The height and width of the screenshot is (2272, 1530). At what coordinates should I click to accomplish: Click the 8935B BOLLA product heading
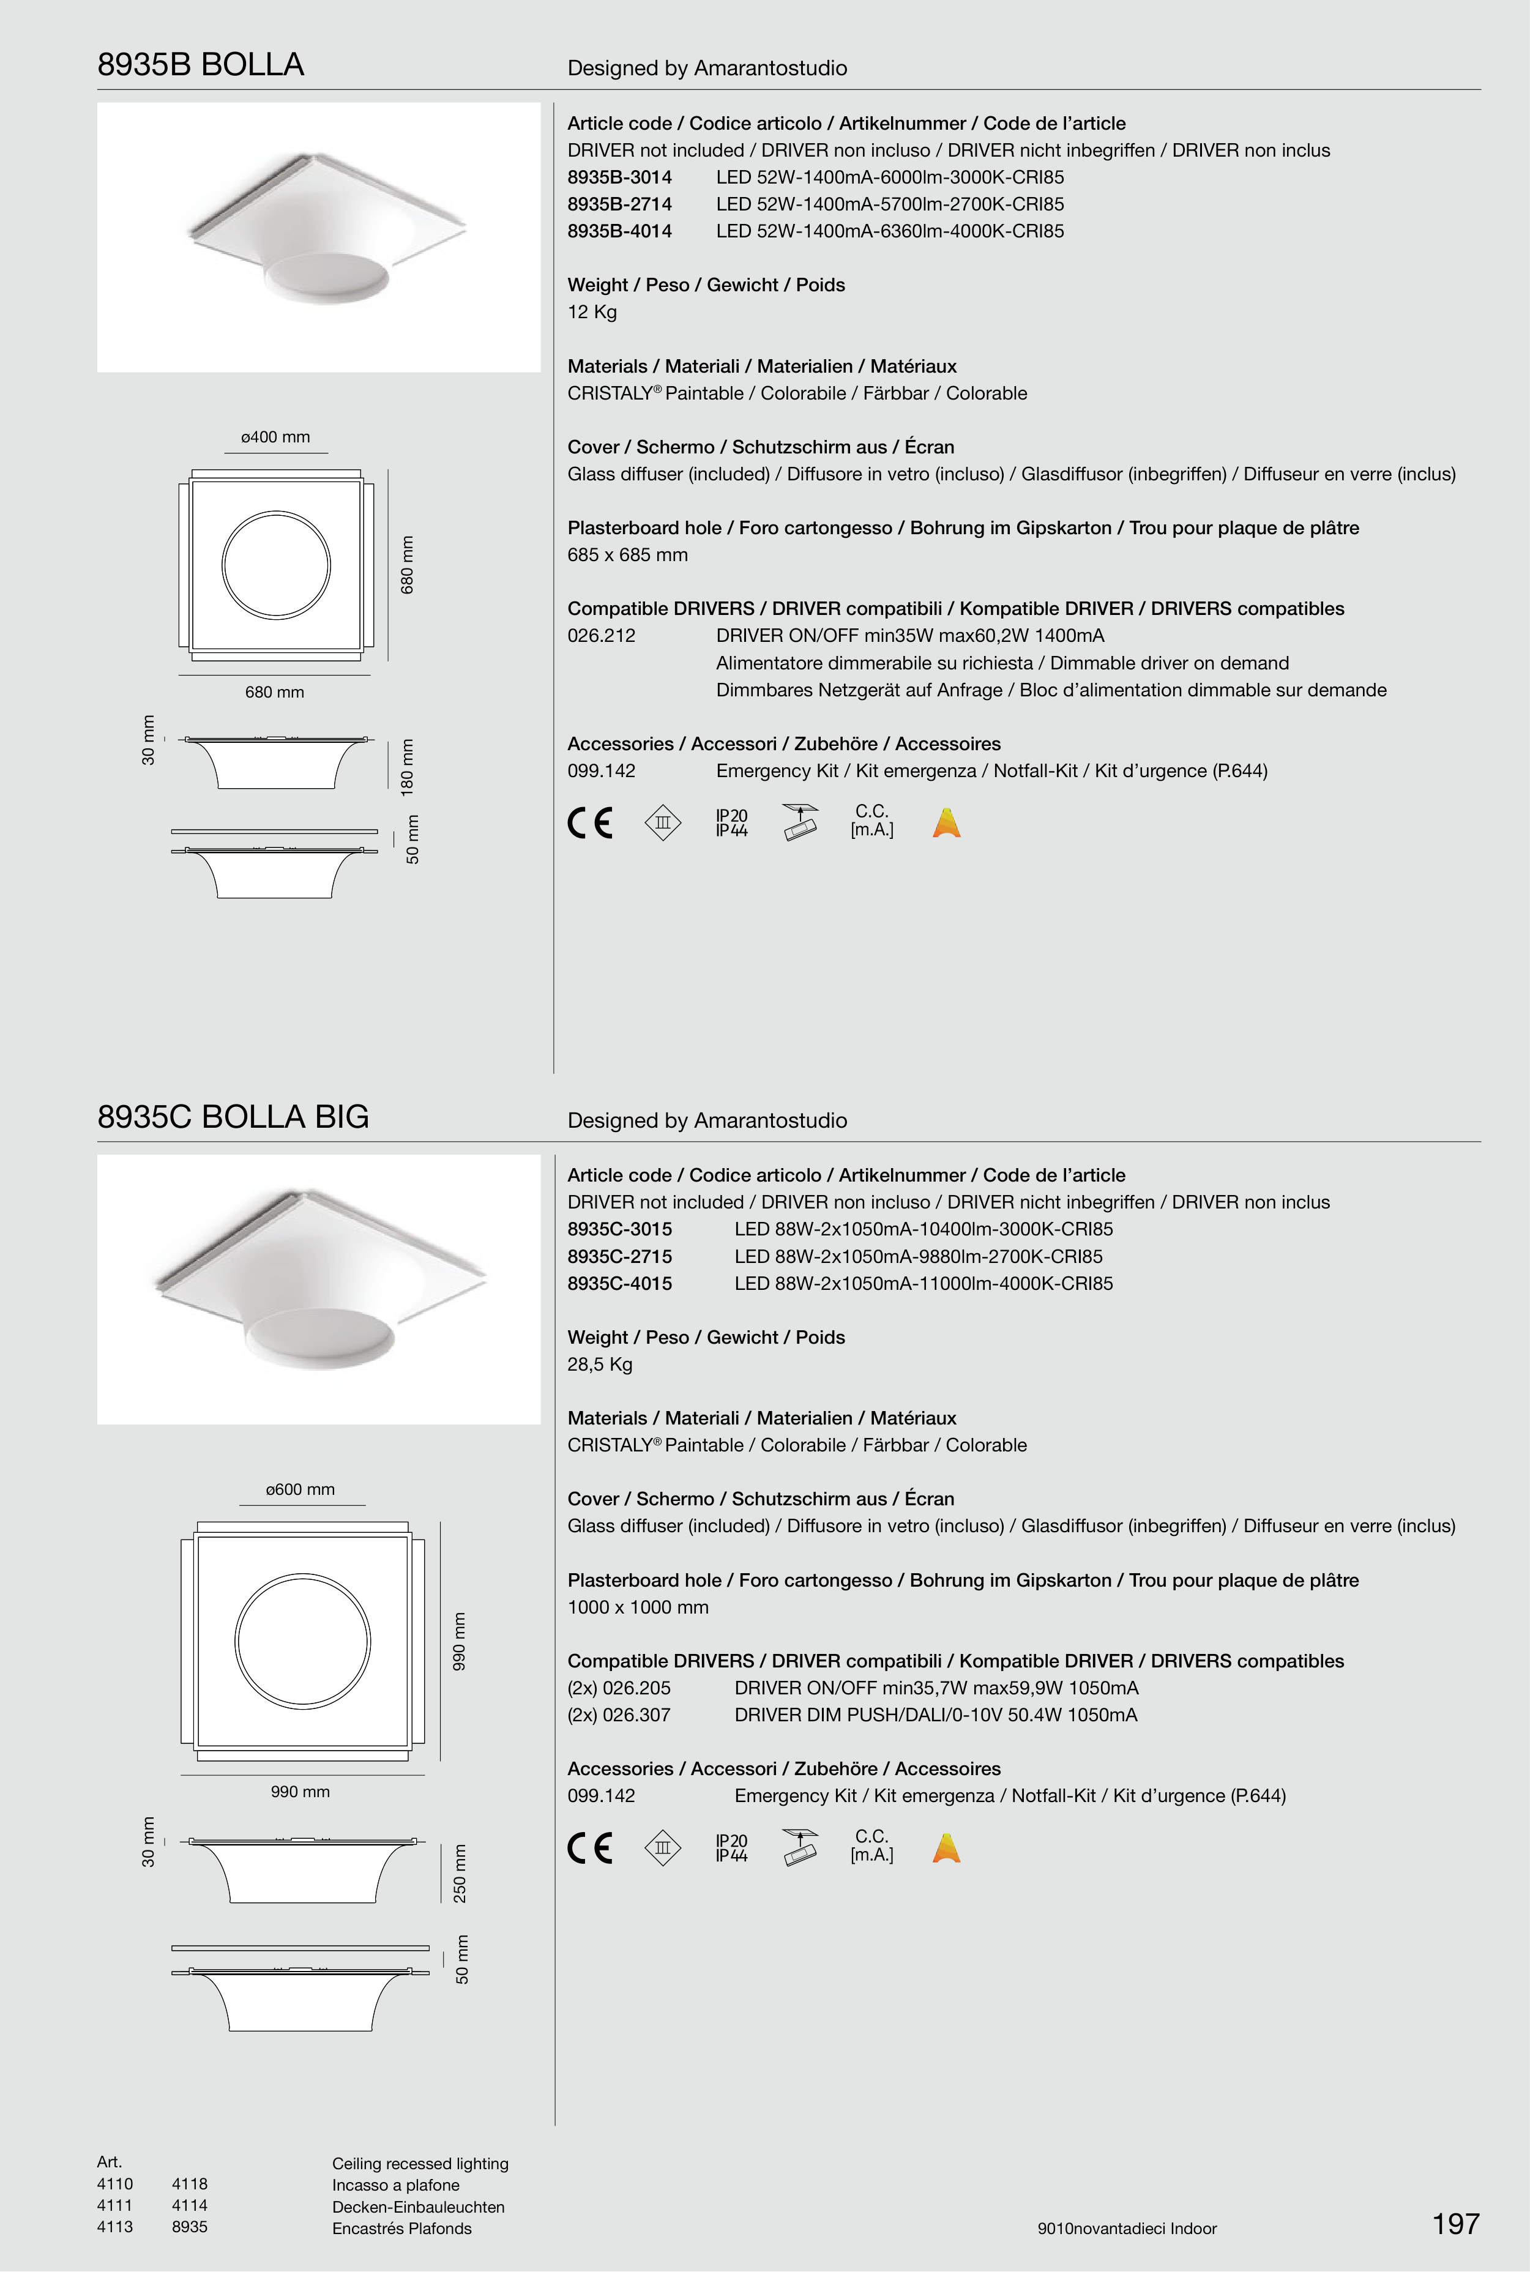[x=200, y=64]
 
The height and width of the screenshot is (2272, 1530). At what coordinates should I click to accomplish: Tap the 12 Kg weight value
[x=592, y=312]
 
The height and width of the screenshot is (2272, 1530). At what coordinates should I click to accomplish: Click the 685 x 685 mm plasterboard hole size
[x=627, y=555]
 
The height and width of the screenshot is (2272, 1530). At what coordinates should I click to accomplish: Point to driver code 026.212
[x=601, y=636]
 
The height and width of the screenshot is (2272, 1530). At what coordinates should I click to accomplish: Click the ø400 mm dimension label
[x=275, y=437]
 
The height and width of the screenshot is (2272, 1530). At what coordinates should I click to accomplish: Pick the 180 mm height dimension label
[x=408, y=767]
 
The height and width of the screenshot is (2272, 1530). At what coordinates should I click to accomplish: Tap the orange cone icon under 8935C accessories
[x=947, y=1848]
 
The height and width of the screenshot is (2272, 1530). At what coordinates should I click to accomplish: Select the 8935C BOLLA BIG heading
[x=233, y=1117]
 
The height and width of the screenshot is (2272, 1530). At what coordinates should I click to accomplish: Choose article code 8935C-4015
[x=619, y=1284]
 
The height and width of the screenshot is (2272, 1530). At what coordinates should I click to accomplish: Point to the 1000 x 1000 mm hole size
[x=638, y=1607]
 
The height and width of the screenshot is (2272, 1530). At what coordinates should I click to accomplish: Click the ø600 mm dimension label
[x=300, y=1489]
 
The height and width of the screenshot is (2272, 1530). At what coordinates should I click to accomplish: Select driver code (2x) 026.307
[x=619, y=1715]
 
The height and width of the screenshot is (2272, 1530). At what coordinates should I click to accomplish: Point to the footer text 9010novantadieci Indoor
[x=1127, y=2228]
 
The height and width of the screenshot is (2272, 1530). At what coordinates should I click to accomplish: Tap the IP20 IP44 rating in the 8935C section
[x=731, y=1848]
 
